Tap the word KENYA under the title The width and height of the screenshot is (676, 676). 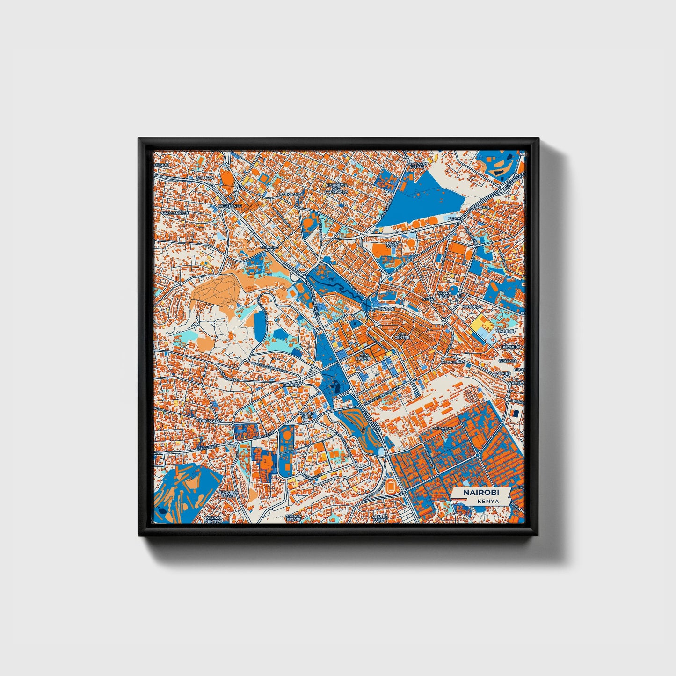coord(488,501)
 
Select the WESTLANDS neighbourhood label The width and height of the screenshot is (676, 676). coord(230,206)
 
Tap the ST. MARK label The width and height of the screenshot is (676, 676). coord(204,178)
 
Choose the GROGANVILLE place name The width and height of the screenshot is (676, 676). coord(175,212)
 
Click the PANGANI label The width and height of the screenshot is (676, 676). coord(480,207)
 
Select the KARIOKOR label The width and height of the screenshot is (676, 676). coord(471,306)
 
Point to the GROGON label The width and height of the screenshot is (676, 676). coord(386,309)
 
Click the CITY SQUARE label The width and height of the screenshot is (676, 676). coord(363,356)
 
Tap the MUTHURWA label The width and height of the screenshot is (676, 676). coord(452,362)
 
